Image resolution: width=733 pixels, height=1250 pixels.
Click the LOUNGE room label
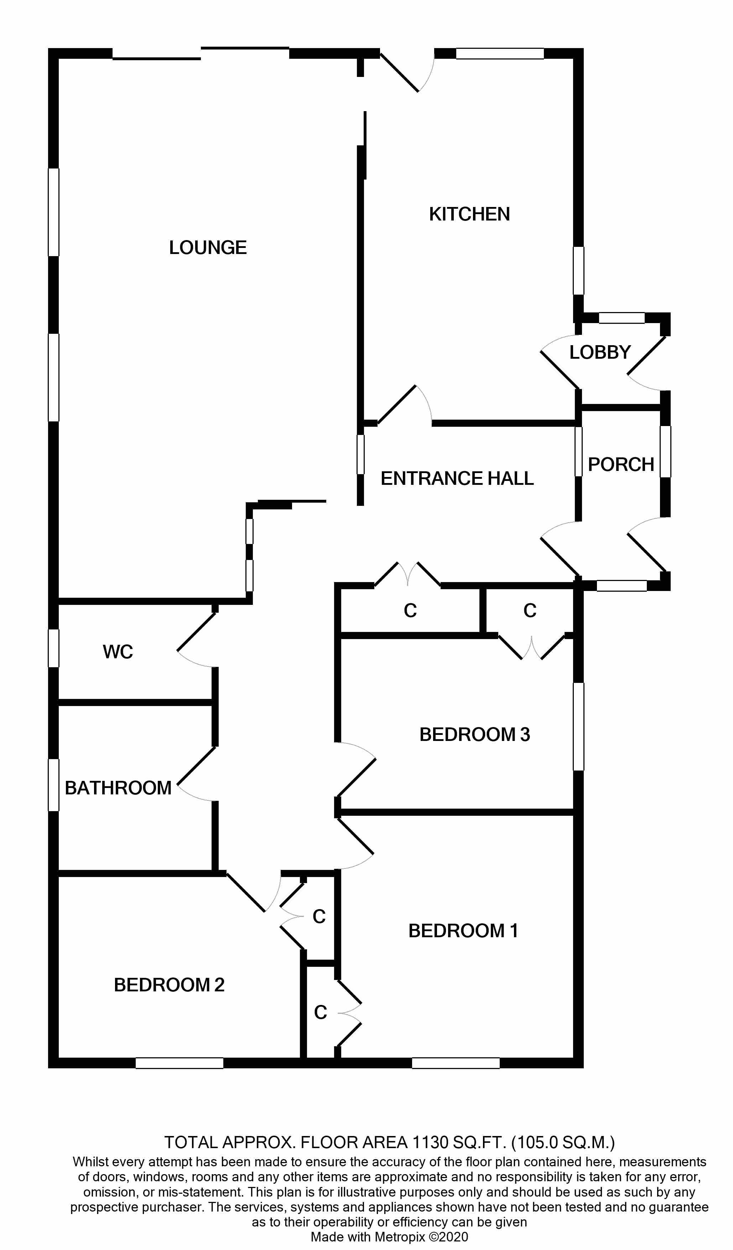pyautogui.click(x=208, y=248)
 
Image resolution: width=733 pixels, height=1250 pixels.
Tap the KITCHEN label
pyautogui.click(x=469, y=214)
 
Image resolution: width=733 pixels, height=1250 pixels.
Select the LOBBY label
pyautogui.click(x=599, y=353)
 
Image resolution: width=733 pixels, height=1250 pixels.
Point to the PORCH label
pyautogui.click(x=621, y=465)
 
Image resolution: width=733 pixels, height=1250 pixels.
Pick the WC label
pyautogui.click(x=118, y=652)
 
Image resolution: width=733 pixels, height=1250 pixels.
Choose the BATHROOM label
pyautogui.click(x=118, y=788)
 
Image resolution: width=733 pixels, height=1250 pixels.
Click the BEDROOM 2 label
pyautogui.click(x=169, y=985)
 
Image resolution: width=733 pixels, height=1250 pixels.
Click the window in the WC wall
pyautogui.click(x=53, y=648)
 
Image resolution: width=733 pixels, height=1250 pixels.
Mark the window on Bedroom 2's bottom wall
pyautogui.click(x=179, y=1063)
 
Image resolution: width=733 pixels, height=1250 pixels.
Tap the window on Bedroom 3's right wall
pyautogui.click(x=578, y=726)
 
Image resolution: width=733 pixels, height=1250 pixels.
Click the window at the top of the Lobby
pyautogui.click(x=622, y=318)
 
